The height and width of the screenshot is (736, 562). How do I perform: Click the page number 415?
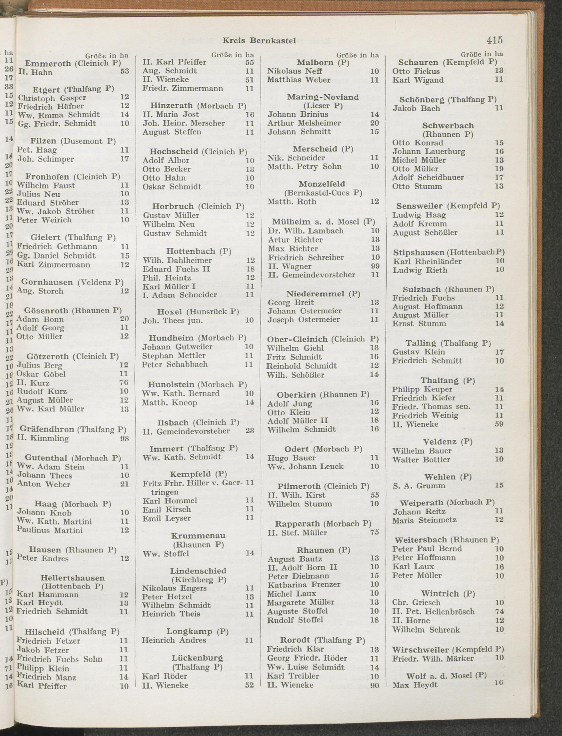[x=495, y=40]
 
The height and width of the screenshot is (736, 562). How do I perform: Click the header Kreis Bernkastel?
[x=259, y=41]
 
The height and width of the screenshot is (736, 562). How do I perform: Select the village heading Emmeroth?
[x=48, y=64]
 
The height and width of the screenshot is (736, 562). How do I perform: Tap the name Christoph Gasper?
[x=52, y=98]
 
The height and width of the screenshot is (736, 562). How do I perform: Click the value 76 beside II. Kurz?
[x=124, y=382]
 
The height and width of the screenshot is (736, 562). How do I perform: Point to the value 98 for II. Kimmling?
[x=124, y=438]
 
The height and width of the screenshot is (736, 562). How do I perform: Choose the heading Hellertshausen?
[x=72, y=578]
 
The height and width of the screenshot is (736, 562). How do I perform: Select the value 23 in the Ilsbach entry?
[x=249, y=431]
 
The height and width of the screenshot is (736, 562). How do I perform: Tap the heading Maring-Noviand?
[x=323, y=97]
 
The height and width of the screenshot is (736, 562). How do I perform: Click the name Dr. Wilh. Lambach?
[x=305, y=231]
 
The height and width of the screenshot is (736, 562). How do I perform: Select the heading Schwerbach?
[x=448, y=126]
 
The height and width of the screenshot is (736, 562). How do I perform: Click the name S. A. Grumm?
[x=419, y=485]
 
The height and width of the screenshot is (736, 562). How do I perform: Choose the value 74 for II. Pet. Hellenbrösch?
[x=499, y=612]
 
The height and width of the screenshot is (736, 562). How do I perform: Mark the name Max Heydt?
[x=415, y=685]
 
